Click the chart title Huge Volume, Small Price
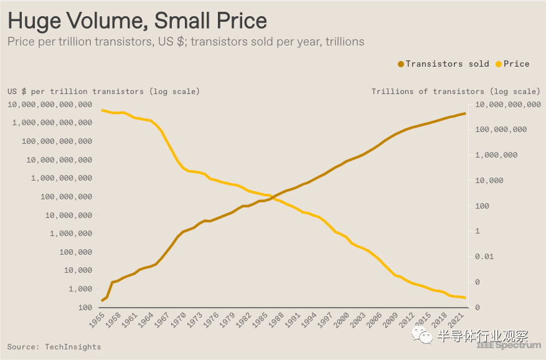pyautogui.click(x=137, y=21)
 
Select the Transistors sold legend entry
pyautogui.click(x=443, y=64)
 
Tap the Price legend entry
pyautogui.click(x=512, y=64)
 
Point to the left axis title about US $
pyautogui.click(x=103, y=92)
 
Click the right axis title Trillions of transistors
pyautogui.click(x=456, y=92)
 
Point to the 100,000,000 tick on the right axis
pyautogui.click(x=501, y=130)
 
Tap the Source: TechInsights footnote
pyautogui.click(x=54, y=346)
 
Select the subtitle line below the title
pyautogui.click(x=186, y=42)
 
